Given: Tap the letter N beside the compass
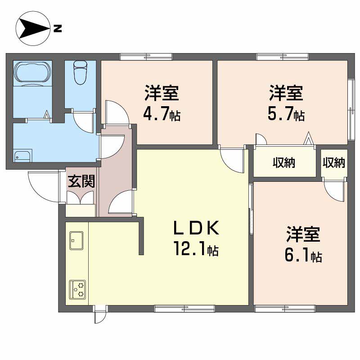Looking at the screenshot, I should click(x=57, y=30).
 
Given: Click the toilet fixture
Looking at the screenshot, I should click(x=80, y=72).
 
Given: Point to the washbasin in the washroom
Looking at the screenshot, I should click(x=22, y=156).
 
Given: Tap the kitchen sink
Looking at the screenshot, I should click(x=76, y=241).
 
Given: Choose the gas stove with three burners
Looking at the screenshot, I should click(x=78, y=289).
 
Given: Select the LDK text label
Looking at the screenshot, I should click(x=196, y=229).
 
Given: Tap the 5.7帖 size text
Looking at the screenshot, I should click(x=286, y=115).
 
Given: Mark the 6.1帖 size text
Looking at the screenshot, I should click(x=302, y=256).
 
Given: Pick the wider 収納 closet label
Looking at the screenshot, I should click(x=283, y=163).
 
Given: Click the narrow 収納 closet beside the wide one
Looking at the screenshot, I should click(x=333, y=162).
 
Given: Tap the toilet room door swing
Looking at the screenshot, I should click(x=84, y=120).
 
